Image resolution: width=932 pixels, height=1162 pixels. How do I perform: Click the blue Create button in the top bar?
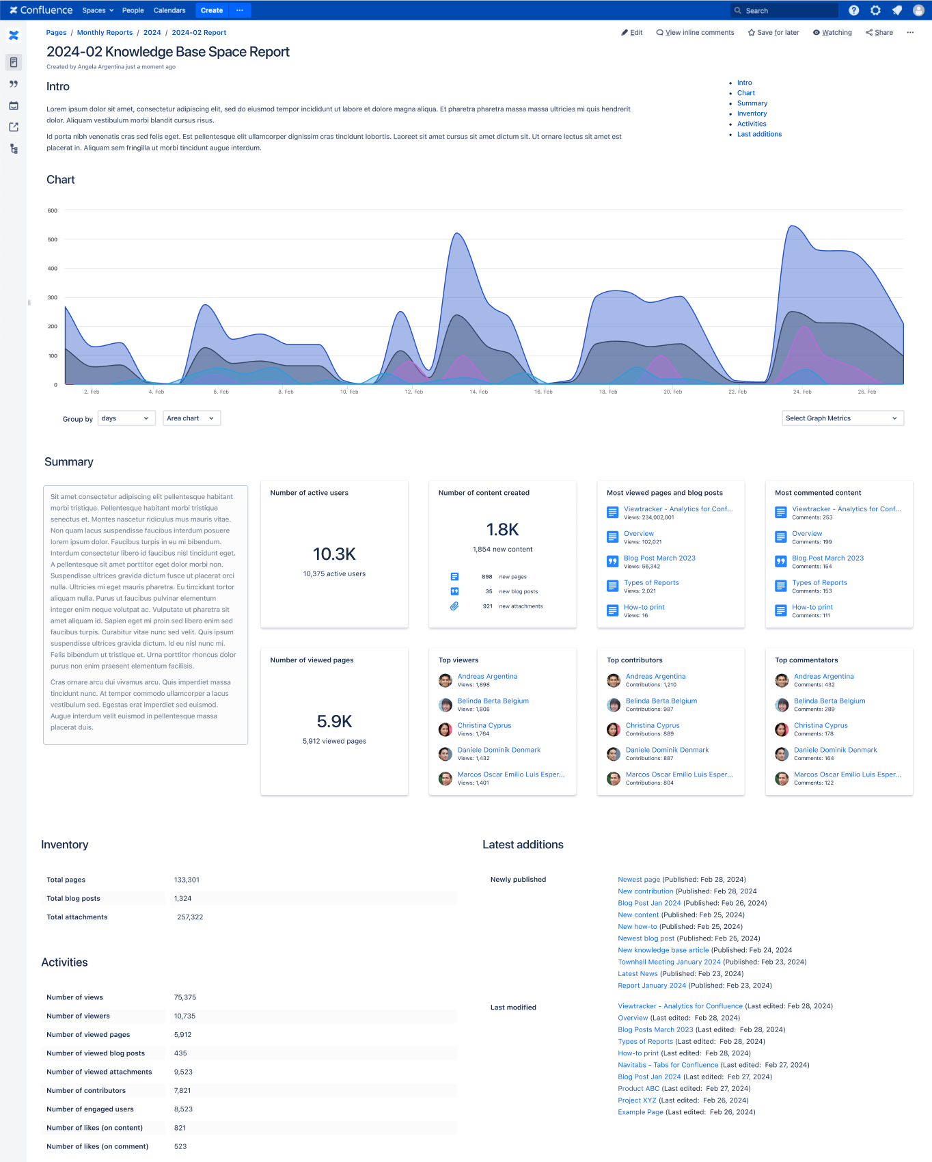tap(211, 10)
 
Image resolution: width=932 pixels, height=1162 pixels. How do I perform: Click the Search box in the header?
tap(784, 10)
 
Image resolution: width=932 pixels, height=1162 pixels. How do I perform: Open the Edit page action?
tap(632, 33)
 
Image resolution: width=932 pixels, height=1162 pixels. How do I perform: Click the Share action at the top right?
tap(879, 33)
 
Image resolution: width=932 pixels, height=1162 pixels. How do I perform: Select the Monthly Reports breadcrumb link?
tap(105, 33)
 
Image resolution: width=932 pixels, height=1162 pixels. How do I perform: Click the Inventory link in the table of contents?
tap(752, 113)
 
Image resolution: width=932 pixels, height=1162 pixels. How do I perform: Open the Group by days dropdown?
tap(126, 418)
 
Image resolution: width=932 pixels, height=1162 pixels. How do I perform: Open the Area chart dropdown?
tap(191, 418)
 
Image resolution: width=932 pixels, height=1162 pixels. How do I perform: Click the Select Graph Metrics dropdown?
tap(842, 418)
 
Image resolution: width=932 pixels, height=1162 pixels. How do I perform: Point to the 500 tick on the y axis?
tap(53, 240)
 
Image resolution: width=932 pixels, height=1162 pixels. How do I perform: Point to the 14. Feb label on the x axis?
tap(478, 392)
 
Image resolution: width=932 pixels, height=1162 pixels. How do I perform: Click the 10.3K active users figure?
tap(334, 554)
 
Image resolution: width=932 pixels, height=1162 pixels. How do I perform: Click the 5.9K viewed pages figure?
tap(334, 721)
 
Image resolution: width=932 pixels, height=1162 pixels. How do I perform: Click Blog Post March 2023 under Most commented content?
tap(827, 558)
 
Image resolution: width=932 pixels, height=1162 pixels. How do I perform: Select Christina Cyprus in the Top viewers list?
tap(484, 725)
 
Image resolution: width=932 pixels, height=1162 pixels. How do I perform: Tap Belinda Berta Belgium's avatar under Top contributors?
tap(614, 705)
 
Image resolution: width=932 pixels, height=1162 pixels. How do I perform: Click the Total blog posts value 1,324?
tap(182, 899)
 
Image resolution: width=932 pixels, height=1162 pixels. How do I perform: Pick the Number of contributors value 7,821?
tap(182, 1091)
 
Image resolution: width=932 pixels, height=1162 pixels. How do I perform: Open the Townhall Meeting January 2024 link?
tap(669, 962)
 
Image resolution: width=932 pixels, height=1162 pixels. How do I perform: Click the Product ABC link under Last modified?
tap(639, 1089)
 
